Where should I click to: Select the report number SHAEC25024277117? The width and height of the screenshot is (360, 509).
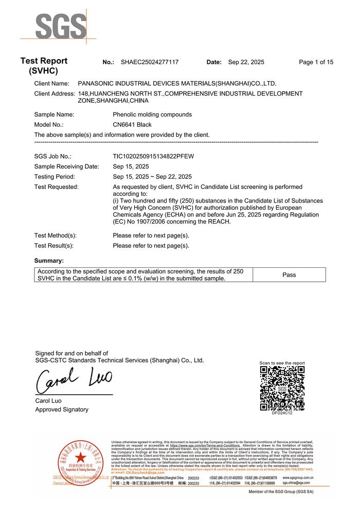point(150,62)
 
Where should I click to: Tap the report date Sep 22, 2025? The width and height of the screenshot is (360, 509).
point(246,62)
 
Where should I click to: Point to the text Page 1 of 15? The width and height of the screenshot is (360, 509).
point(316,62)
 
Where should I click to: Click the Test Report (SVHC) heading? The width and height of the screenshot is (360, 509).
point(44,66)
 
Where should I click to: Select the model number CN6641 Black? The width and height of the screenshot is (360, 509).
point(132,124)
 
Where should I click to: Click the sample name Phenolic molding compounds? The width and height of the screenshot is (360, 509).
point(152,115)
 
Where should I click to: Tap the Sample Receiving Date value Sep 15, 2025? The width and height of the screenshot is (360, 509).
point(131,167)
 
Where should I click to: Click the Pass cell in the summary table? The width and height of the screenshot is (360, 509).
point(289,275)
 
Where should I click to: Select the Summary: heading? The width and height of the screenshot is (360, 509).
point(49,261)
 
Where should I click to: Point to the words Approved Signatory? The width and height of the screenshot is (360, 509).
point(62,410)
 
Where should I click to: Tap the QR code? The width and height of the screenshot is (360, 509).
point(282,388)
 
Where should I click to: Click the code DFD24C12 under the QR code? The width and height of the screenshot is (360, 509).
point(282,413)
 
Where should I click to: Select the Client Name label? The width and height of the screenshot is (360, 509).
point(51,83)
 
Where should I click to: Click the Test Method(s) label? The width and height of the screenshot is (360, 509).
point(55,235)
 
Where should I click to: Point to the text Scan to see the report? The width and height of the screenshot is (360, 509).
point(282,363)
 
